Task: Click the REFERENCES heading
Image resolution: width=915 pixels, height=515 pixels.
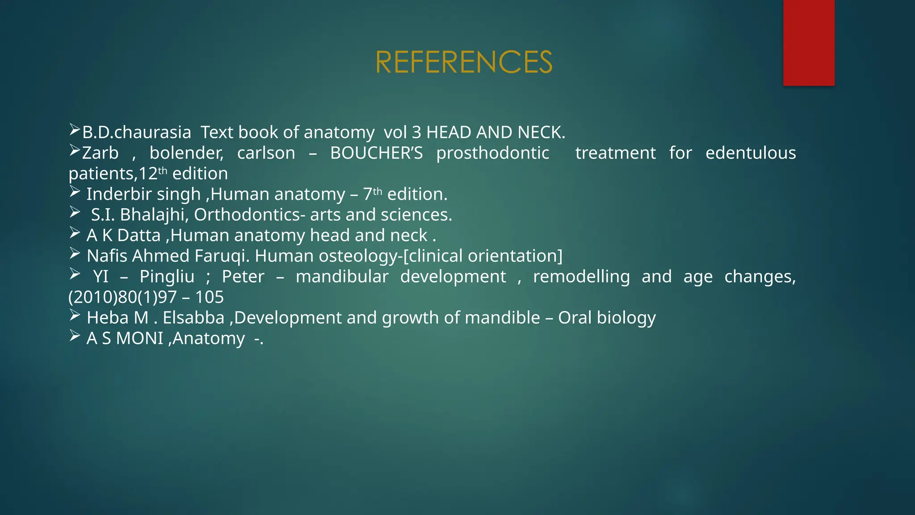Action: tap(464, 62)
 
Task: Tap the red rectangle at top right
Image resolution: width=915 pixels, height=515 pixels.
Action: tap(809, 42)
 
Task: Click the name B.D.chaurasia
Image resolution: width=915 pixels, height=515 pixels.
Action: tap(137, 132)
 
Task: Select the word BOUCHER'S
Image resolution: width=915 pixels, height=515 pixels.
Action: tap(376, 153)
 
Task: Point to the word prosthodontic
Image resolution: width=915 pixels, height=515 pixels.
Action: tap(492, 153)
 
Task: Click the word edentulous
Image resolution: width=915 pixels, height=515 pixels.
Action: tap(750, 153)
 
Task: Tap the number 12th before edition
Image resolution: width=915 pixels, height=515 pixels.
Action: tap(153, 173)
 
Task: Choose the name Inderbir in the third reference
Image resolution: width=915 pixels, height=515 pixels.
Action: tap(114, 194)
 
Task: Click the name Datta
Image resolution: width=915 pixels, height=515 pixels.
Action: tap(139, 235)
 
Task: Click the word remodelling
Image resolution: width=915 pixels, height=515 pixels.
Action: tap(581, 276)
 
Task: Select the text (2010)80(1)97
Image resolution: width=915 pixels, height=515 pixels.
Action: tap(123, 297)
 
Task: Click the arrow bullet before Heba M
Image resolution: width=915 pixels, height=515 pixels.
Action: tap(75, 316)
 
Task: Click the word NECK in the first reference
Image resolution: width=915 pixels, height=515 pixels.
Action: tap(541, 132)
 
